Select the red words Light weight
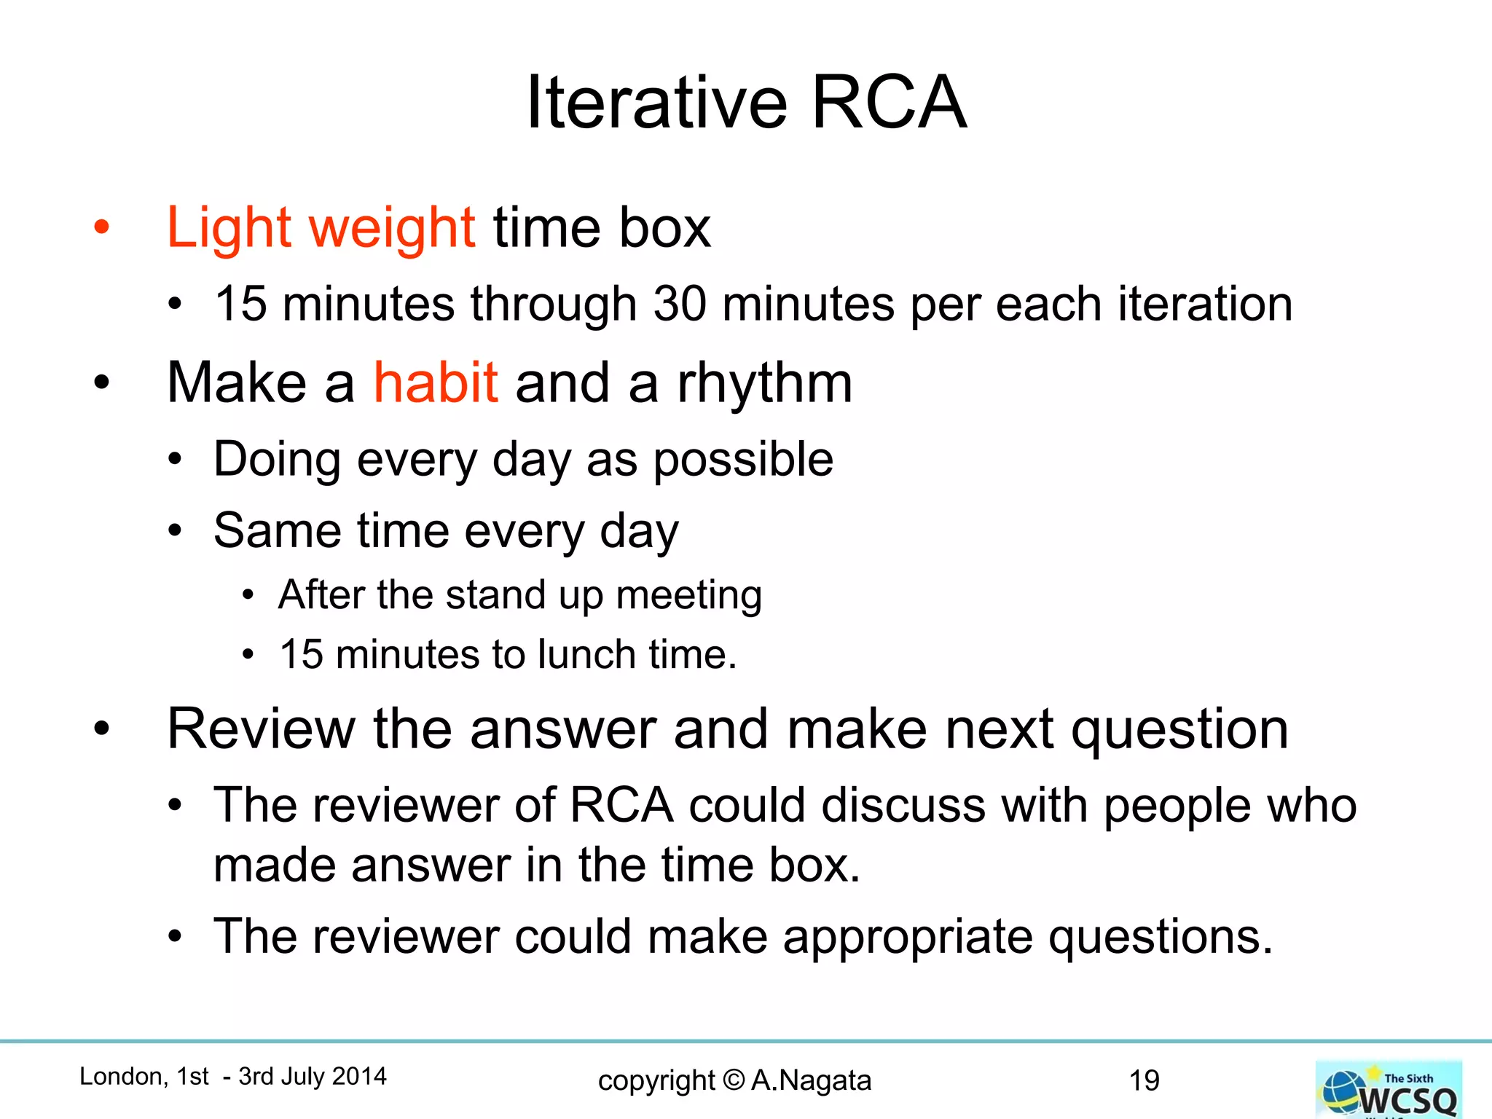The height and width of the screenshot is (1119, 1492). (321, 228)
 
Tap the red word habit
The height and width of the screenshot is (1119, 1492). (436, 382)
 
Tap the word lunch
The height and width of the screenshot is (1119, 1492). (586, 653)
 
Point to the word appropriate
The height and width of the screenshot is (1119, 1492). (908, 937)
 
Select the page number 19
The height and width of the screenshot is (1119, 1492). (1144, 1080)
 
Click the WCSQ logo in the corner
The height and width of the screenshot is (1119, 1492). (1389, 1090)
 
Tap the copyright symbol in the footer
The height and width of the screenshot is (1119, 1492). (734, 1080)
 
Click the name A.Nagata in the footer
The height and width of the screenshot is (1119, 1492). (811, 1080)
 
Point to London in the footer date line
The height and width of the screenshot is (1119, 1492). (120, 1076)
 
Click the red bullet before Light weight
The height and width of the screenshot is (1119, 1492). (101, 227)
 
